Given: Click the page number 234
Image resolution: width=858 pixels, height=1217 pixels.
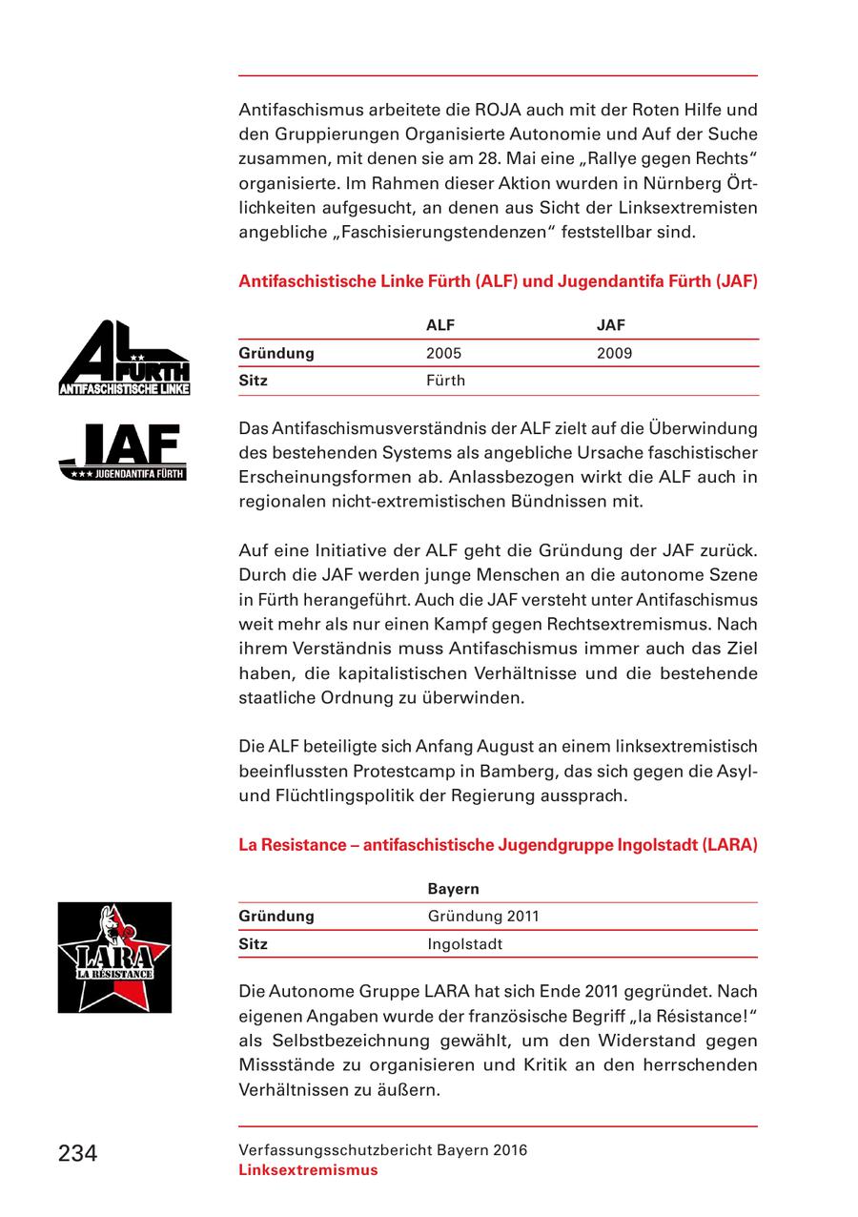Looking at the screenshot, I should point(77,1153).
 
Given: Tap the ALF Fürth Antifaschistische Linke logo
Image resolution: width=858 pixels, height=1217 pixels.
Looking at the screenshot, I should point(124,358).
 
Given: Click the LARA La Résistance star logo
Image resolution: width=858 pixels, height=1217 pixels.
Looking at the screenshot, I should point(114,957).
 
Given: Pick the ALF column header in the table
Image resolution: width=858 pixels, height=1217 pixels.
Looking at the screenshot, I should point(440,325).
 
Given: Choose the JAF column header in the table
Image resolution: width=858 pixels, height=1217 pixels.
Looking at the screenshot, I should point(610,325).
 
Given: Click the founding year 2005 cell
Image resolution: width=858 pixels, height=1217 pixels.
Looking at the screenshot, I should point(443,353).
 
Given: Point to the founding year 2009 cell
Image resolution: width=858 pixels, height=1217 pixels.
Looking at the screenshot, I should point(614,353).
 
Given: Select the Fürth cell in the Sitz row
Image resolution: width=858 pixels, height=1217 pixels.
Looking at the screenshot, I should point(446,381).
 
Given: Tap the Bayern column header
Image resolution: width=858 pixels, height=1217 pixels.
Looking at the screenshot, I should point(453,888).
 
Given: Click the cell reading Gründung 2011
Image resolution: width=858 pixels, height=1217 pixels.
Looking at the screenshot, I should point(483,916).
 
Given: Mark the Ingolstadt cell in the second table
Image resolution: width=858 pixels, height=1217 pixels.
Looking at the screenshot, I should point(464,944).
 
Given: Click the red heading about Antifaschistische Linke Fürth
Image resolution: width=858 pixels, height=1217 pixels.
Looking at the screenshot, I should point(498,281).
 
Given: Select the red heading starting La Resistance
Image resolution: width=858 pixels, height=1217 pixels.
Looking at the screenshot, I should point(498,844).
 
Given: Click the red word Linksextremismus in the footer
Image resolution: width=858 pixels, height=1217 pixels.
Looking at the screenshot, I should point(308,1170).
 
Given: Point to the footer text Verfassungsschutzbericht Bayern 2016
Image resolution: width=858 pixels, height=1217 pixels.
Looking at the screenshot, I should point(382,1150).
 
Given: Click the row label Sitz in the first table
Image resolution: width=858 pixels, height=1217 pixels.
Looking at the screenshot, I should point(254,381).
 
